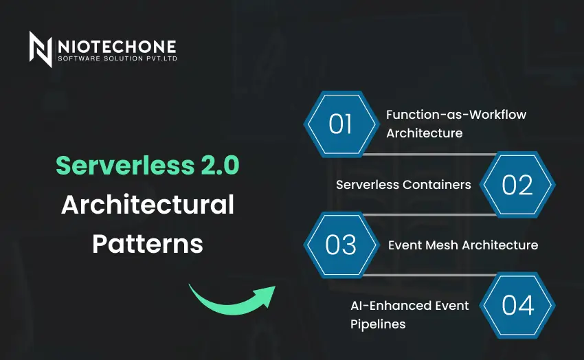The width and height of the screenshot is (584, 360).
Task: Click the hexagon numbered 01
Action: (x=341, y=124)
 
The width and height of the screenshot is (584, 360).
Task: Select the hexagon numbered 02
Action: (x=517, y=185)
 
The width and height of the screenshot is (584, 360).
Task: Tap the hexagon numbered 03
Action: (x=341, y=245)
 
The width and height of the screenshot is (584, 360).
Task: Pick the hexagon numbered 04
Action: (x=517, y=305)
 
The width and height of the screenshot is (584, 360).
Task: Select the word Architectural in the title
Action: (x=148, y=204)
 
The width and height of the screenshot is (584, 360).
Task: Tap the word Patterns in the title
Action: (x=148, y=243)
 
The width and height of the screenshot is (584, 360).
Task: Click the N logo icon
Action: (x=41, y=49)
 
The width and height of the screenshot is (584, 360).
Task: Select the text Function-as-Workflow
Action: (x=456, y=115)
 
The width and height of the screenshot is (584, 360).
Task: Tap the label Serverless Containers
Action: (x=403, y=185)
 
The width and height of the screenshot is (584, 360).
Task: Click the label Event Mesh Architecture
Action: (x=463, y=245)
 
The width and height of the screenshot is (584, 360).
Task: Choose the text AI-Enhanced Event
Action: (x=409, y=306)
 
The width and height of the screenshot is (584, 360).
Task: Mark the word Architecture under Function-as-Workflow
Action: (x=424, y=133)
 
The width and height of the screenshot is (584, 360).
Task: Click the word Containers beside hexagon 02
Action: (x=438, y=185)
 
